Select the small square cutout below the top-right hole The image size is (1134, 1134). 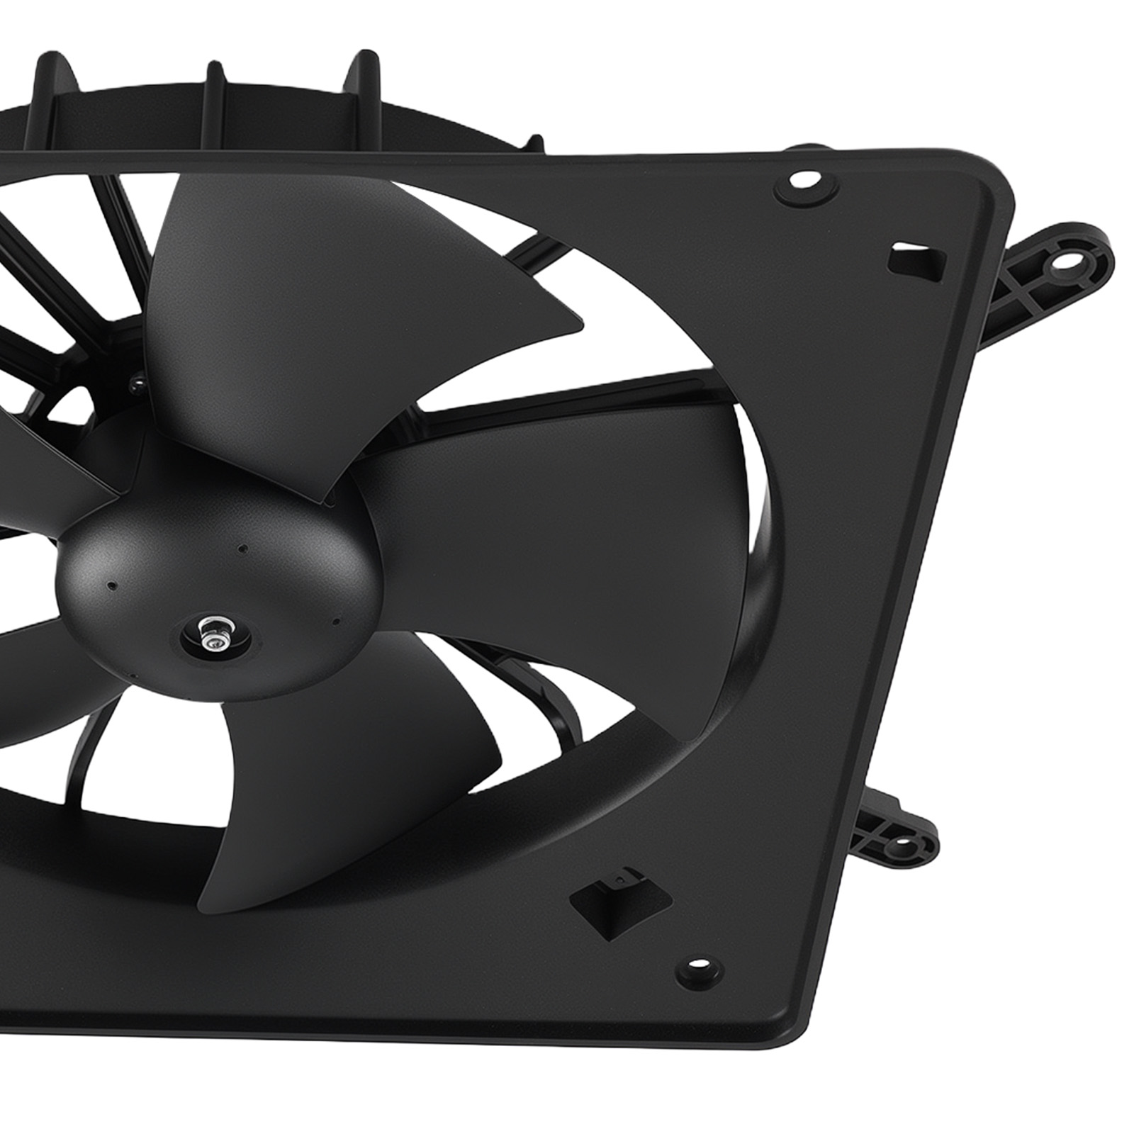click(x=916, y=259)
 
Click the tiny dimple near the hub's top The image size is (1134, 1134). click(x=242, y=548)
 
